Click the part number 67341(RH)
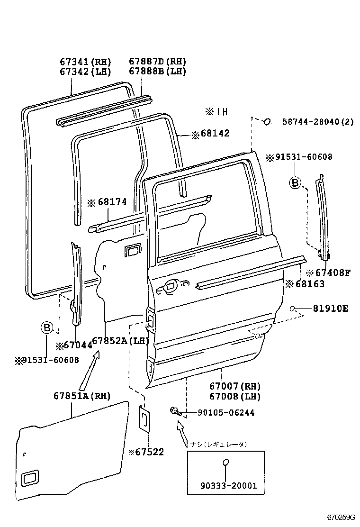tap(85, 62)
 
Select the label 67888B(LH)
tap(157, 72)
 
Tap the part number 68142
tap(215, 134)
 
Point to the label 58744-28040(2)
tap(318, 122)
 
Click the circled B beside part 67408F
tap(295, 182)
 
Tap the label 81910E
tap(330, 309)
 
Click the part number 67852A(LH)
tap(120, 341)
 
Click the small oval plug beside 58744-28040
tap(267, 122)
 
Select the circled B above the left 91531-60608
tap(46, 327)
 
